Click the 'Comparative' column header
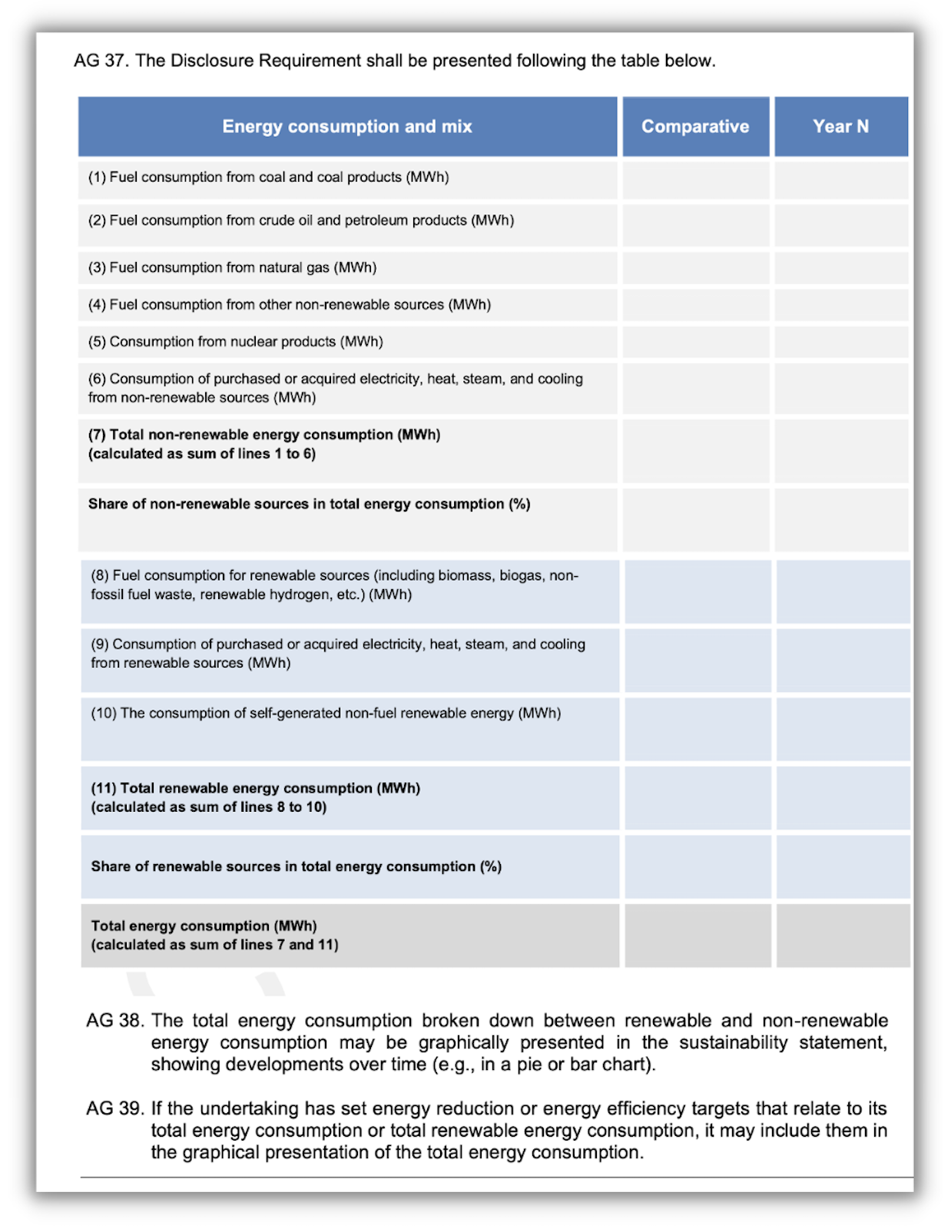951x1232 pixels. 695,127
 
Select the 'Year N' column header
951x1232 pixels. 840,127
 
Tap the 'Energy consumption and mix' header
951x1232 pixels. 347,127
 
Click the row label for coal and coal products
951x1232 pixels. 268,177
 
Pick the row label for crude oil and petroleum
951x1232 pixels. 300,220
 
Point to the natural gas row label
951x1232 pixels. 232,267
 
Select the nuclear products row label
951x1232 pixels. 235,342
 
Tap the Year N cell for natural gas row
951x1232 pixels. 840,268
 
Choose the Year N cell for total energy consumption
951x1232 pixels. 843,935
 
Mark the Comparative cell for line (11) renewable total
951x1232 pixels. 698,797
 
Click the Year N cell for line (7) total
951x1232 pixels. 840,450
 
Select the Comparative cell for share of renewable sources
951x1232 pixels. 698,866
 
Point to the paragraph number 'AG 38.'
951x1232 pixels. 114,1021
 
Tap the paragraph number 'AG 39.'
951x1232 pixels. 114,1108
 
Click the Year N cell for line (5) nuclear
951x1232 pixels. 840,342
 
